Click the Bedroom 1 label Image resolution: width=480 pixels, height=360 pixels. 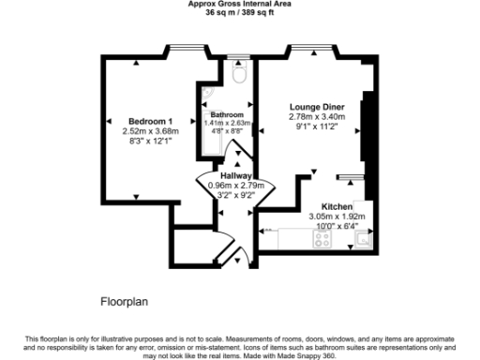point(150,122)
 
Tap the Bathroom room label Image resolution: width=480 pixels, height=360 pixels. point(226,114)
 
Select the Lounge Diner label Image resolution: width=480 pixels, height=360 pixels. point(316,108)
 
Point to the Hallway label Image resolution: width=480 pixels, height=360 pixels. point(234,175)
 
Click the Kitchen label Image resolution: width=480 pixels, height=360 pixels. point(337,205)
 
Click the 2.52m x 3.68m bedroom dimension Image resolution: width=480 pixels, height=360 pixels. point(150,132)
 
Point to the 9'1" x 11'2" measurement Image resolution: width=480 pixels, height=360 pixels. point(316,127)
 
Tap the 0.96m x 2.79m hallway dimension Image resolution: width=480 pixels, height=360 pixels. point(234,186)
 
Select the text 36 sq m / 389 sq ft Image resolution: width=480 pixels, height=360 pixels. point(239,12)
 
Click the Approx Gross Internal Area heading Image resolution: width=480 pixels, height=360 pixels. point(239,4)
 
